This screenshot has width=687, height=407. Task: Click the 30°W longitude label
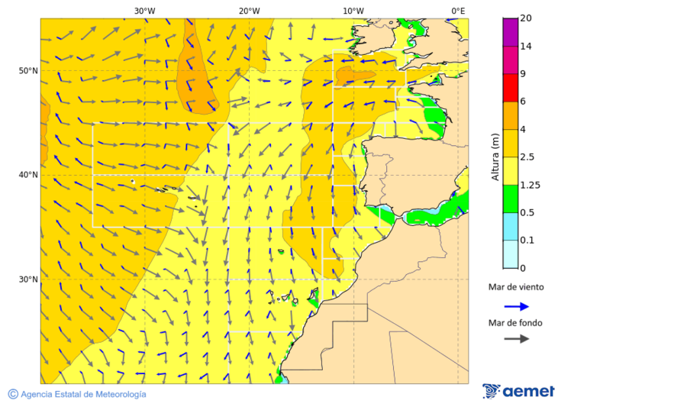[x=144, y=11]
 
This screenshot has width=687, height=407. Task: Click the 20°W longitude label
[x=249, y=11]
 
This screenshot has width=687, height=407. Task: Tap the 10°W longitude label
[x=353, y=11]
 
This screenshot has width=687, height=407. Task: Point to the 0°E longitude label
[x=458, y=11]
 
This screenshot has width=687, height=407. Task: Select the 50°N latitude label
[x=28, y=71]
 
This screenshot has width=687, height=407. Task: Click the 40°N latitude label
[x=28, y=175]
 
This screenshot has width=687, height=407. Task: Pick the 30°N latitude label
[x=28, y=279]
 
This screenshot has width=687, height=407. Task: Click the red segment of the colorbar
[x=511, y=88]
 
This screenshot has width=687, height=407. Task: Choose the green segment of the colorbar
[x=511, y=199]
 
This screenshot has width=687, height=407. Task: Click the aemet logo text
[x=527, y=392]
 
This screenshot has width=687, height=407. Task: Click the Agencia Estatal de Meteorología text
[x=83, y=394]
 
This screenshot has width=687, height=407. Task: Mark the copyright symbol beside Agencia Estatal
[x=13, y=394]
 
